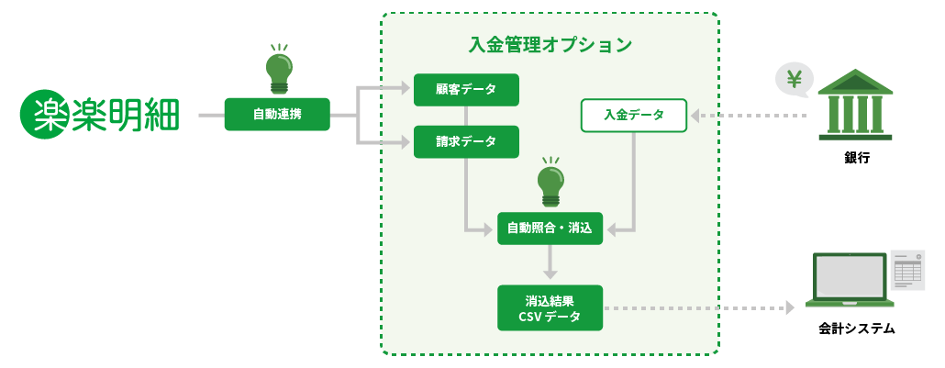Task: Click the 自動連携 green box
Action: click(x=276, y=115)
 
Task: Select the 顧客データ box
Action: click(x=466, y=90)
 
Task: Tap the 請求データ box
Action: click(x=466, y=141)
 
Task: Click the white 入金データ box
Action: click(x=633, y=116)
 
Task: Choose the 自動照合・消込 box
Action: click(x=550, y=227)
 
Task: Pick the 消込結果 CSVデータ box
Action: click(x=550, y=308)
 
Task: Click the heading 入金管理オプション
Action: click(x=550, y=44)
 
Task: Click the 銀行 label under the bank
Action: click(x=856, y=158)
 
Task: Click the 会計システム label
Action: click(x=856, y=328)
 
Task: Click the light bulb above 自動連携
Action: click(x=277, y=69)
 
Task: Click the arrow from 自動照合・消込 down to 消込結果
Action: click(x=550, y=263)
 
